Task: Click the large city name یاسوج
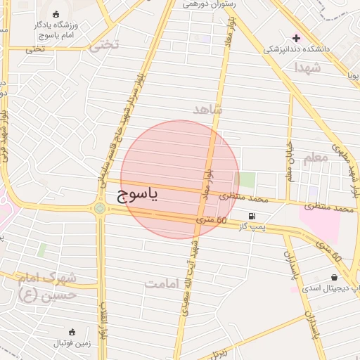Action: click(x=137, y=193)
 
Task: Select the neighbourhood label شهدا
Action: click(x=308, y=67)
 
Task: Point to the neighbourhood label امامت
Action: click(x=163, y=283)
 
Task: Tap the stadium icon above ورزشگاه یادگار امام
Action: click(x=57, y=14)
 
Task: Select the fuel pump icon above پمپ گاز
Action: click(x=252, y=216)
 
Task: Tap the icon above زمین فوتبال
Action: click(x=72, y=331)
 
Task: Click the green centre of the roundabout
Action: click(x=100, y=207)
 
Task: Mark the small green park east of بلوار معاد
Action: click(x=247, y=180)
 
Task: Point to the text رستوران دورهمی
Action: click(x=208, y=4)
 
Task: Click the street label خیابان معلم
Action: click(x=289, y=161)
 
